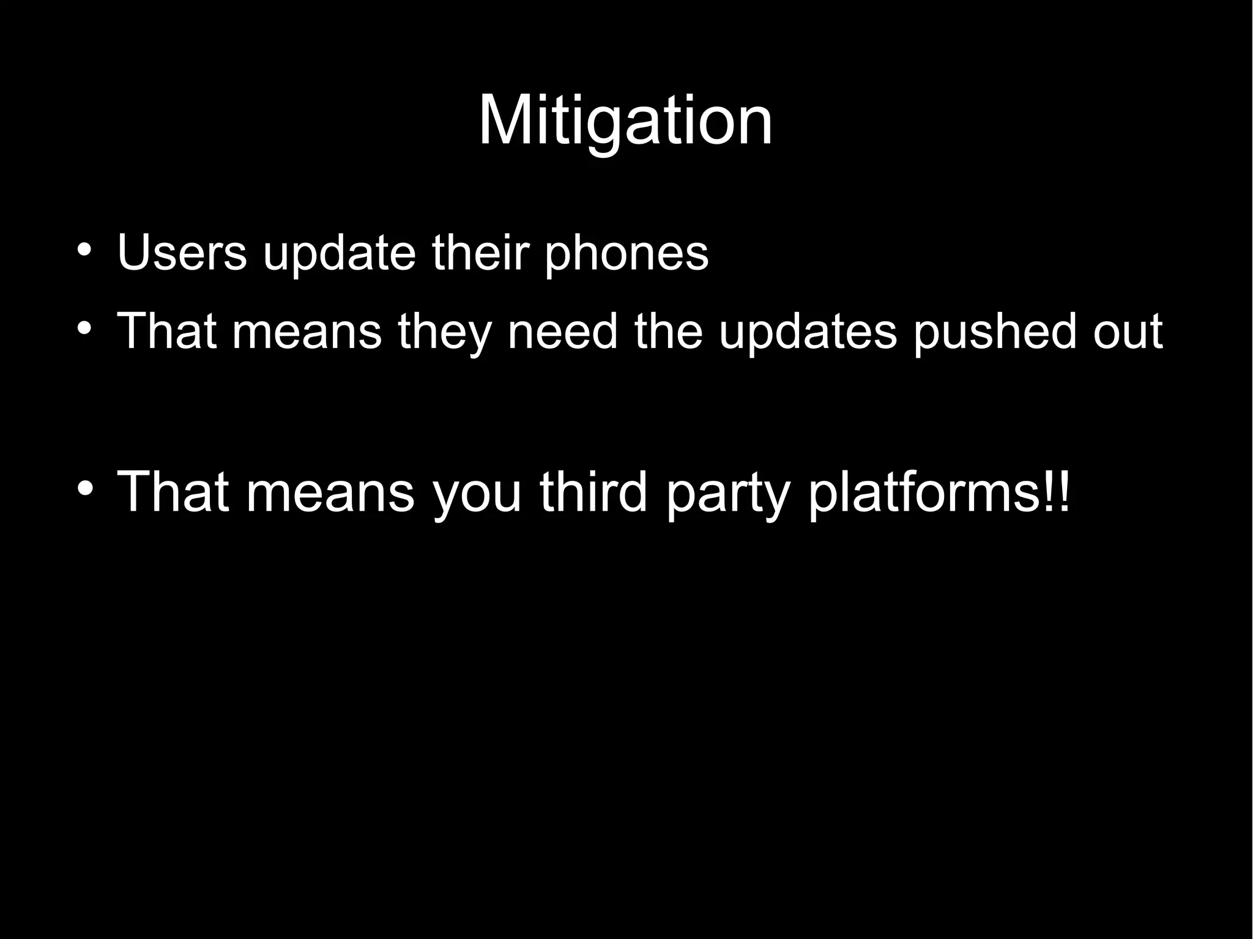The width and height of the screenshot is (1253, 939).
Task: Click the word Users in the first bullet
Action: click(182, 252)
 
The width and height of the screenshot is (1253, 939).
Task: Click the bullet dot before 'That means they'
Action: click(85, 328)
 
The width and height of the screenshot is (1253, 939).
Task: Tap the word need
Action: click(562, 331)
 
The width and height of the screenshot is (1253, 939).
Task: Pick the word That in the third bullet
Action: click(173, 492)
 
